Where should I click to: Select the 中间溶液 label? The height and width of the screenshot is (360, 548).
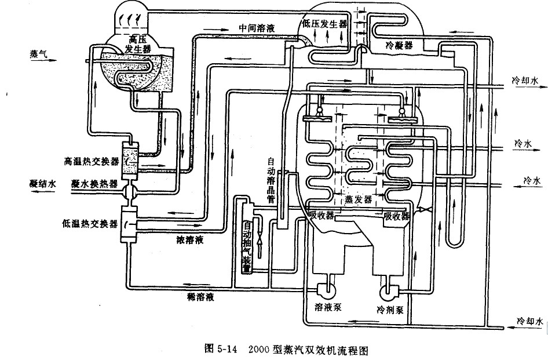pos(256,27)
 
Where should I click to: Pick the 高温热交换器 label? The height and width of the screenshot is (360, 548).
pos(91,158)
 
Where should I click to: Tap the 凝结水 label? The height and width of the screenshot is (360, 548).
pos(44,183)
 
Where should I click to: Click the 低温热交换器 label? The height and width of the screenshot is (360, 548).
pos(91,222)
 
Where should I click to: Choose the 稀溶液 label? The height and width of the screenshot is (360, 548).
pos(201,297)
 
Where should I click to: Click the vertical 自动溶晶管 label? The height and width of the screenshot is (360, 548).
pos(271,180)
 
